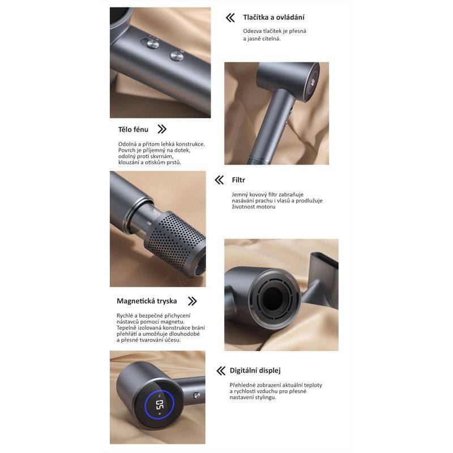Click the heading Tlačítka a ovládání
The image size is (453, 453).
[273, 18]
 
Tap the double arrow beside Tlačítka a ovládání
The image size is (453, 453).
[230, 18]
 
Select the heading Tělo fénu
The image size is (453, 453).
[133, 130]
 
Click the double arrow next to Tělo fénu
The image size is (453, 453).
[162, 129]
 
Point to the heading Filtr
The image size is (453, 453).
[238, 180]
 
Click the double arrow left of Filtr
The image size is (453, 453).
[219, 180]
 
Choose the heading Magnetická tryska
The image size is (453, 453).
[147, 301]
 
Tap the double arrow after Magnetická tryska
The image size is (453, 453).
[192, 301]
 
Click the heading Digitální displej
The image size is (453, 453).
[255, 371]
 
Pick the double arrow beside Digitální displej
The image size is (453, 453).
[221, 371]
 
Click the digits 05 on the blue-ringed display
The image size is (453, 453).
[159, 405]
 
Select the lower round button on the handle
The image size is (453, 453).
[177, 55]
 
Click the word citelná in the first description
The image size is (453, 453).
[271, 39]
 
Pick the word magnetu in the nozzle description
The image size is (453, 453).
[174, 322]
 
